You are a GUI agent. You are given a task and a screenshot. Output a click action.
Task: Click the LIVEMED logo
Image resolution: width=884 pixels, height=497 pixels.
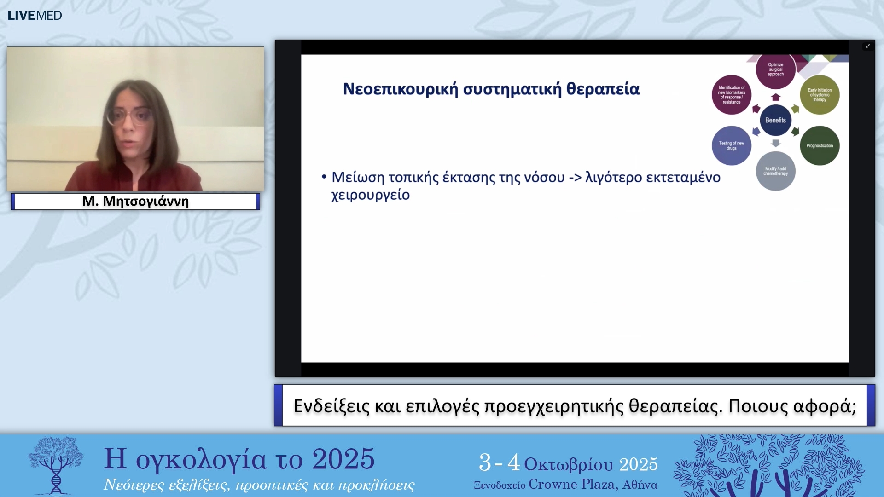[35, 15]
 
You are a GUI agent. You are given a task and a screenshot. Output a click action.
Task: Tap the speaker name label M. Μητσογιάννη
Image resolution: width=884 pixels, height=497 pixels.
[135, 201]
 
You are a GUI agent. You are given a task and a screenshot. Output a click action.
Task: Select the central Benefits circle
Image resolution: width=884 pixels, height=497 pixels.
[775, 120]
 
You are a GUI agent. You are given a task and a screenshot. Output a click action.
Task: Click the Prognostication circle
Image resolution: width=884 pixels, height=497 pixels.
[820, 145]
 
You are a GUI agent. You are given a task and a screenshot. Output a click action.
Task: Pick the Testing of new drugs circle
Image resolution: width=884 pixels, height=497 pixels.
[731, 145]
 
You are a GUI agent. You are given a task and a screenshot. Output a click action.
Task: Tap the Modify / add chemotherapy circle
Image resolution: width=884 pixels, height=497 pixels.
[775, 171]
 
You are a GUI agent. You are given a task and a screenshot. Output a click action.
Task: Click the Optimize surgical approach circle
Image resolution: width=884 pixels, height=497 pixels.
[775, 70]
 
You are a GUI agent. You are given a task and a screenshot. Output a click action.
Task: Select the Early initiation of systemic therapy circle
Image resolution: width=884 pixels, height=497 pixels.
[820, 95]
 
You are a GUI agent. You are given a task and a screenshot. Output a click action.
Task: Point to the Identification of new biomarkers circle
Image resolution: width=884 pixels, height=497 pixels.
[731, 95]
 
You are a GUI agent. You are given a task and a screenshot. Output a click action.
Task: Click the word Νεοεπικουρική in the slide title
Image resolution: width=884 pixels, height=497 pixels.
[400, 89]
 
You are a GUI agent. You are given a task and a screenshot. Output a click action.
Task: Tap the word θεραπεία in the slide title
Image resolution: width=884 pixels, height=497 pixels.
[603, 89]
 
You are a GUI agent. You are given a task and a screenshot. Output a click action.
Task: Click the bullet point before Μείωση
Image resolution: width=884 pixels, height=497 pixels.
[324, 176]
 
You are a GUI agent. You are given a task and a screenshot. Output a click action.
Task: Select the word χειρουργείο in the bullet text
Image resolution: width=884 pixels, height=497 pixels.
[370, 195]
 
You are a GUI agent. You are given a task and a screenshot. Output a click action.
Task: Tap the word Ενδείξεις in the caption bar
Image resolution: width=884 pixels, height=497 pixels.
[331, 406]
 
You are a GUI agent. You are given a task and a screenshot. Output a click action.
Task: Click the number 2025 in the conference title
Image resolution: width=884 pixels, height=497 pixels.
[343, 459]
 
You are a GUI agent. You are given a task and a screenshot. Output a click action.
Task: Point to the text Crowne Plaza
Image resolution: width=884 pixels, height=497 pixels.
[573, 484]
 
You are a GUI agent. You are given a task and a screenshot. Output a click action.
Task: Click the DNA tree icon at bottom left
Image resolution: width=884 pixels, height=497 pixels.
[56, 465]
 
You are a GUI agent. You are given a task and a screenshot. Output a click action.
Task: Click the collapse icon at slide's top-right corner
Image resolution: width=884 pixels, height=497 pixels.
[867, 46]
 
